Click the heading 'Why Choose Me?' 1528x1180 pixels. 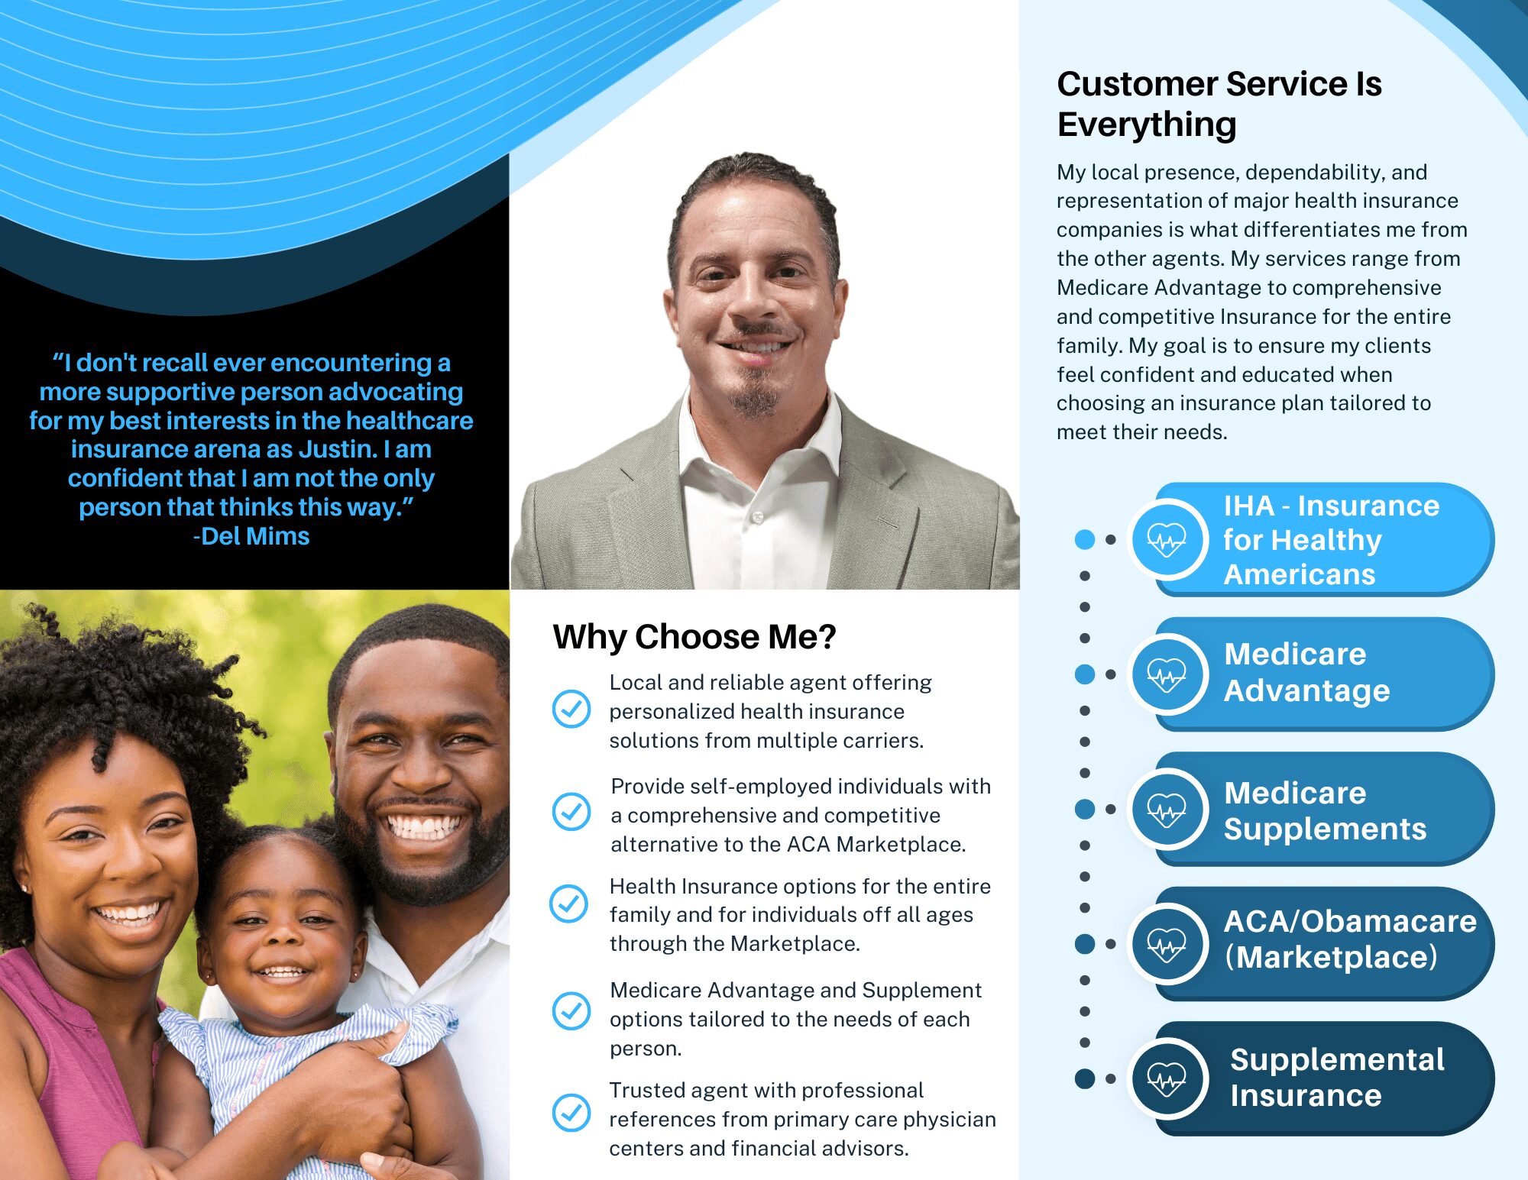(694, 637)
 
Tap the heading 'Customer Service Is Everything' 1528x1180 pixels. (1219, 104)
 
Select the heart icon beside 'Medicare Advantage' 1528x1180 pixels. (1167, 674)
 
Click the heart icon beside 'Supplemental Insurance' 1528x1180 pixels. (1167, 1078)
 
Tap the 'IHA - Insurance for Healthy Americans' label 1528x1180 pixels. (1332, 539)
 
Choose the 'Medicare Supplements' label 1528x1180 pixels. (1325, 810)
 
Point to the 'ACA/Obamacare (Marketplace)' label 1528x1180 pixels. (1350, 939)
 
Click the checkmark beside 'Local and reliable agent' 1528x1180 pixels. (571, 709)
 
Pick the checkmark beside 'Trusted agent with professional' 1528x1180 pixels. (571, 1112)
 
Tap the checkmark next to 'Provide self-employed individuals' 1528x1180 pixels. (571, 811)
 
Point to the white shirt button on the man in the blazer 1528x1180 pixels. (758, 517)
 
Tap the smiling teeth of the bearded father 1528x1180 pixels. (425, 826)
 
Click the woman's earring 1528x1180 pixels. (25, 888)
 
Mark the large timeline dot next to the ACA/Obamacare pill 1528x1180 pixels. (1085, 943)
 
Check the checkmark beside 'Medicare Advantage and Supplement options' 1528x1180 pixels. (571, 1010)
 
